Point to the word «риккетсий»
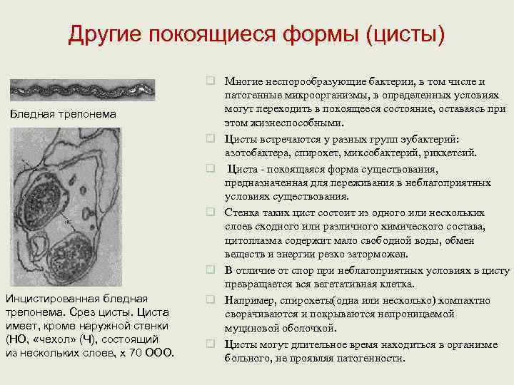click(450, 153)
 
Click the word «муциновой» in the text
click(249, 328)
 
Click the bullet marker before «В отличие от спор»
click(212, 271)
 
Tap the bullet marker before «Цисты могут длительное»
click(212, 344)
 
